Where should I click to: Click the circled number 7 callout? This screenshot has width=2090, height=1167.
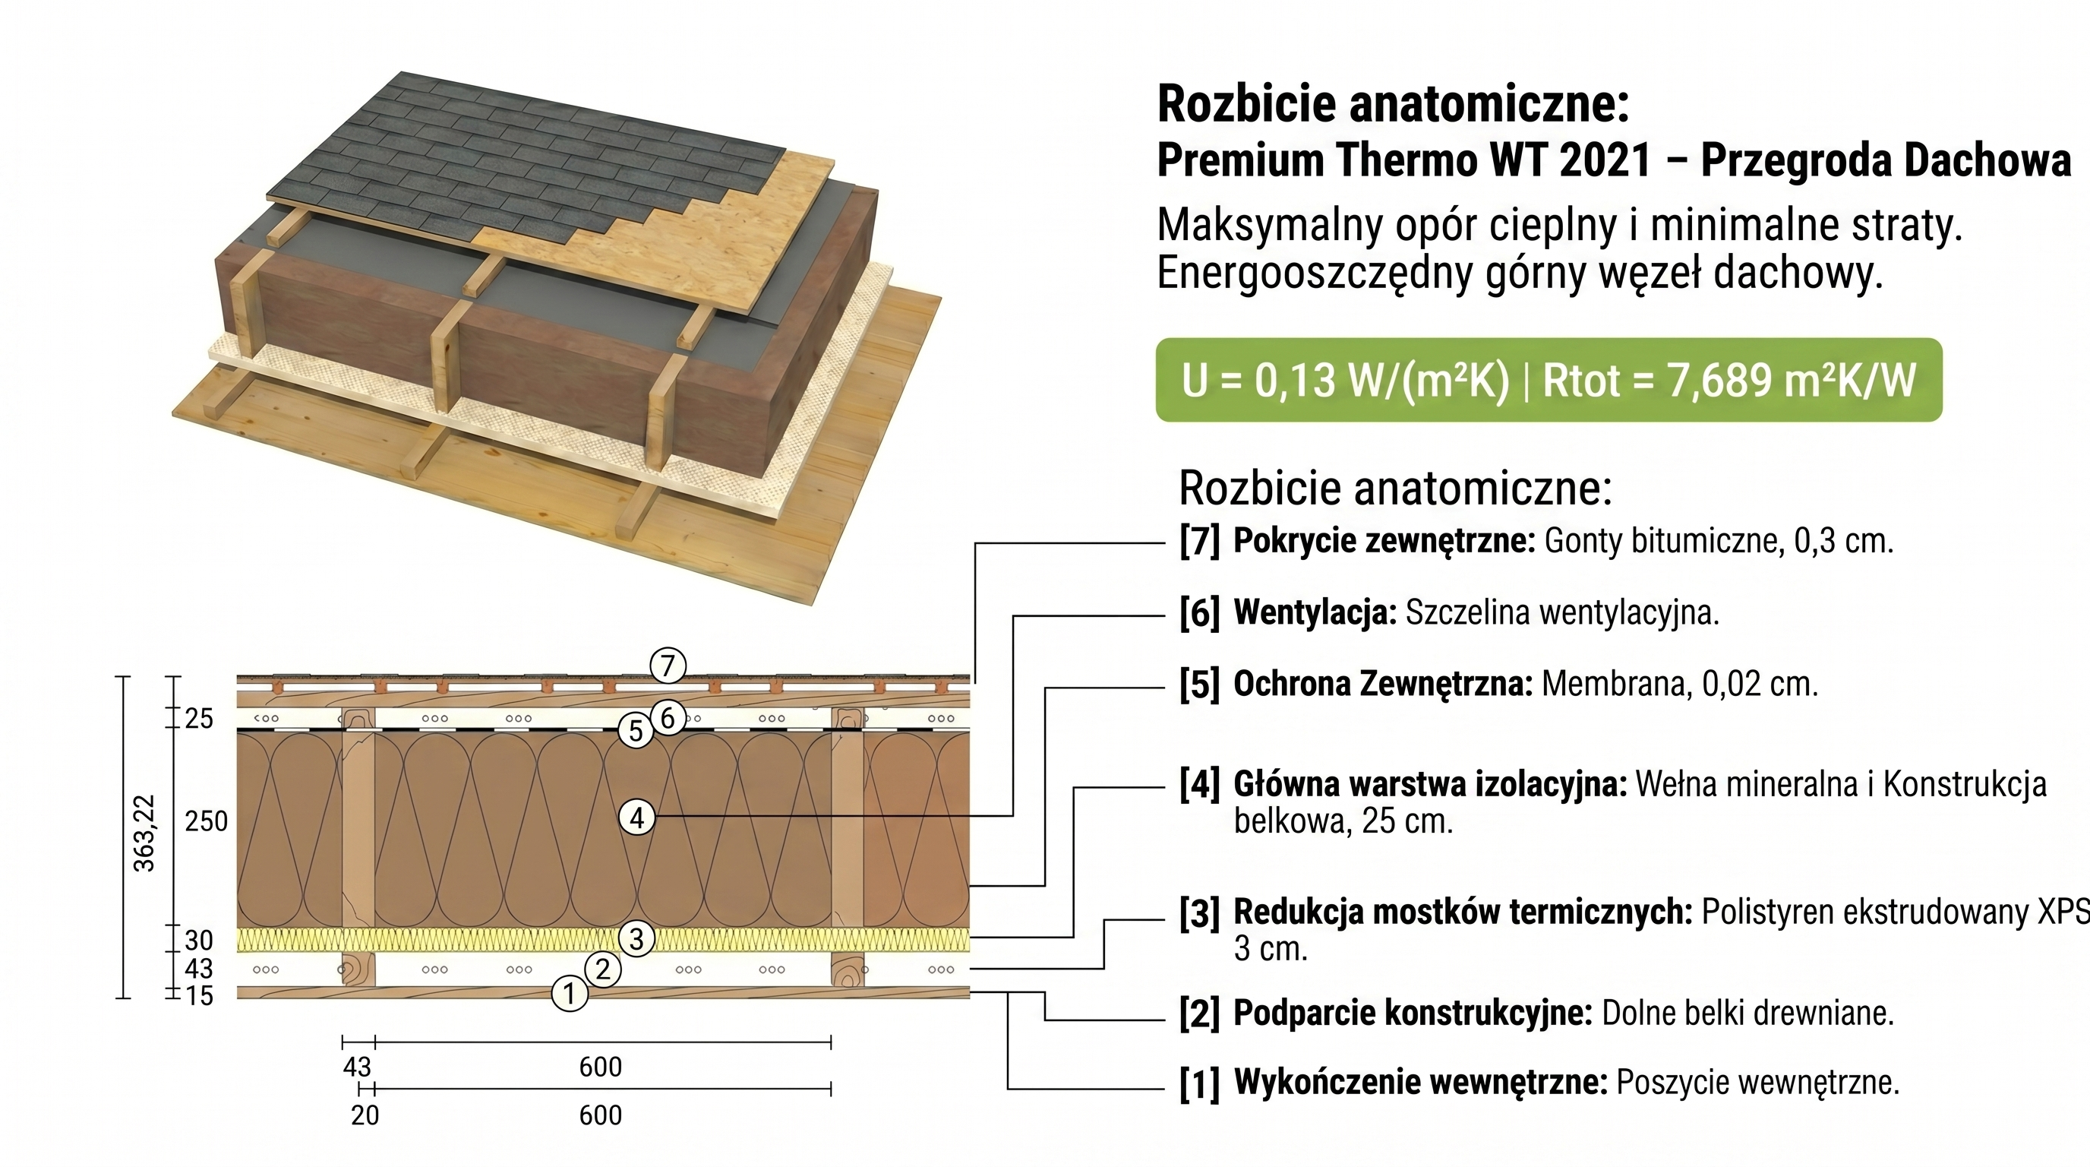(668, 666)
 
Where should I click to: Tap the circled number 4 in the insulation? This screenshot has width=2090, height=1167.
(637, 818)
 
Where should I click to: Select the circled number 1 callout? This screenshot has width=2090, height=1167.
(570, 993)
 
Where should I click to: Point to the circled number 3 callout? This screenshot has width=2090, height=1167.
(636, 939)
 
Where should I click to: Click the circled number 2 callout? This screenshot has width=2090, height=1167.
(603, 968)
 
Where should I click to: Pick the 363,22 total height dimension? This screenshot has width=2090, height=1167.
(144, 833)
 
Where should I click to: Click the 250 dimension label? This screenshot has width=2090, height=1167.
(206, 821)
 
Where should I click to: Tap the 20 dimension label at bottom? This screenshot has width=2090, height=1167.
(365, 1115)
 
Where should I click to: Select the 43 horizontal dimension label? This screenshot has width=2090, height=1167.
(357, 1067)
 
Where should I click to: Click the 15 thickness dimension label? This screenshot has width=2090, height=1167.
(199, 996)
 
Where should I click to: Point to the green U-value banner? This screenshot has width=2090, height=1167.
(1549, 380)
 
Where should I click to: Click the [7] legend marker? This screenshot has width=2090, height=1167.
(1200, 541)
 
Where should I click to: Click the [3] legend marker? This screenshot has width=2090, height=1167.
(1200, 913)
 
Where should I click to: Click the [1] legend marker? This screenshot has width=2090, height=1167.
(1200, 1083)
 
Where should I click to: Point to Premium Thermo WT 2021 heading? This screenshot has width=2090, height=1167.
(1403, 160)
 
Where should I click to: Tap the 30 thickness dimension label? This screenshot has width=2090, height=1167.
(199, 941)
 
